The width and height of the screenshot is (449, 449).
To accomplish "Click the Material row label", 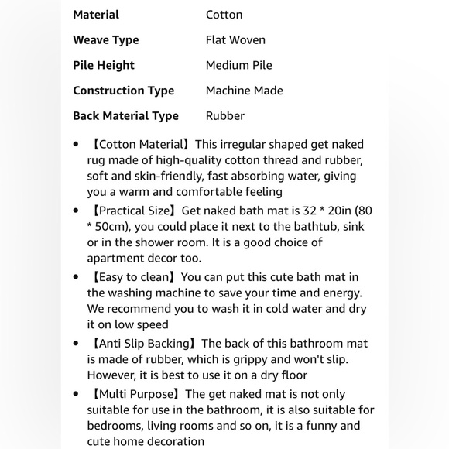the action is (96, 15).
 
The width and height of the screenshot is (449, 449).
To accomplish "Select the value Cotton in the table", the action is (224, 15).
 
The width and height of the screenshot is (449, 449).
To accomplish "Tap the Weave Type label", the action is (106, 40).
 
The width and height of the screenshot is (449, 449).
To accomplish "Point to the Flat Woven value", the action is (235, 40).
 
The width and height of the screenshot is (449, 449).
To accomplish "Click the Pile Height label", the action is (104, 66).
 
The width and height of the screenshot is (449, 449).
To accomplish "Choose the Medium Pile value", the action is (238, 66).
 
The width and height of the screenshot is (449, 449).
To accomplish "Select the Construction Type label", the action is (124, 91).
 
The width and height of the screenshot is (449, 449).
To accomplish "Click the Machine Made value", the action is (244, 91).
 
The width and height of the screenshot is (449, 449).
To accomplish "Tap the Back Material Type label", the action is (125, 116).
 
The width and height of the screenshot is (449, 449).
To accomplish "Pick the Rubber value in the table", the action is (224, 116).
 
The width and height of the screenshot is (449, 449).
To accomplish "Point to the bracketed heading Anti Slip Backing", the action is (145, 344).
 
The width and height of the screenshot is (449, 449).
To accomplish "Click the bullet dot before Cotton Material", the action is (76, 145).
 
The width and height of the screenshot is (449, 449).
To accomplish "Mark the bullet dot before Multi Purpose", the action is (76, 395).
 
